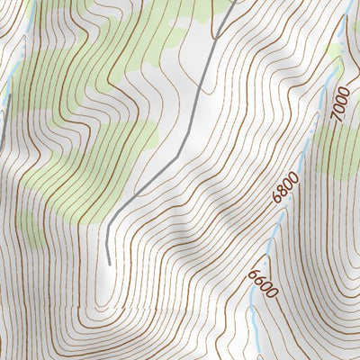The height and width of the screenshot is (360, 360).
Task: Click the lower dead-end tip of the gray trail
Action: (x=109, y=263)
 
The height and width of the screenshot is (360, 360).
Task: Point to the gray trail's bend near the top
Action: (x=216, y=36)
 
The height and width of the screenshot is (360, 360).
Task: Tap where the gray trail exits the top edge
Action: (x=236, y=1)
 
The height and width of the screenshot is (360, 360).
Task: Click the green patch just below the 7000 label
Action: (x=340, y=153)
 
